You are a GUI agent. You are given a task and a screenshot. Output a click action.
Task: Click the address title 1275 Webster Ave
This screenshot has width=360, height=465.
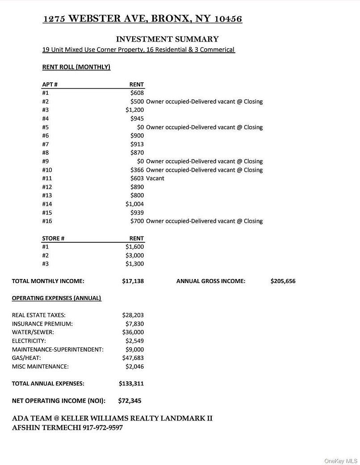(142, 19)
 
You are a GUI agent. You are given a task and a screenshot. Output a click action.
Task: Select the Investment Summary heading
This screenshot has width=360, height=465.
(167, 39)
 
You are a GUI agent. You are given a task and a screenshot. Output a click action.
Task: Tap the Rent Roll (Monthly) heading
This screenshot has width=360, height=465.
(76, 67)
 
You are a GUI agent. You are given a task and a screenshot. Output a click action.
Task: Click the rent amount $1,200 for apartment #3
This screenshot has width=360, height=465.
(134, 110)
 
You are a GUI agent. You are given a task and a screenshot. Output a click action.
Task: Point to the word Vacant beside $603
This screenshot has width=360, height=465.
(155, 178)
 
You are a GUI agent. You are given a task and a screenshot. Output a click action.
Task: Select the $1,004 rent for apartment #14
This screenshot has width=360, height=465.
(134, 204)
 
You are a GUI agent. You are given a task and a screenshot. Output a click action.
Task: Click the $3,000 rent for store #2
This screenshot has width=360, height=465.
(134, 255)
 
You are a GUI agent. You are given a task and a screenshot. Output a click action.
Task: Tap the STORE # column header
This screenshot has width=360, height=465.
(53, 238)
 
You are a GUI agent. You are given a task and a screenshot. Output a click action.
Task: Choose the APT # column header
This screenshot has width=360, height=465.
(50, 85)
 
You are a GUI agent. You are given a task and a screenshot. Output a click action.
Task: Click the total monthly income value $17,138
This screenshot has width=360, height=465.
(133, 281)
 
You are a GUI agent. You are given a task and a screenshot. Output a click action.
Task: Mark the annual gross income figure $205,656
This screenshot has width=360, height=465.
(283, 281)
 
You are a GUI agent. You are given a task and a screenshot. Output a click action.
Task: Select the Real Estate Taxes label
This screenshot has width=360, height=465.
(38, 315)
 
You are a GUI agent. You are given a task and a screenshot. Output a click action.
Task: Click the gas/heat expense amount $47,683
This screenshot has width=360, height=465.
(133, 358)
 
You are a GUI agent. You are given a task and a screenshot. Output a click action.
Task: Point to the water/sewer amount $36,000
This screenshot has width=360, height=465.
(133, 332)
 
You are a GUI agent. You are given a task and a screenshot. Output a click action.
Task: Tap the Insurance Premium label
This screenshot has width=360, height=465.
(42, 324)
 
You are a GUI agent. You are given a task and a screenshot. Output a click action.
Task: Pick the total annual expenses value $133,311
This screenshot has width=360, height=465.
(131, 383)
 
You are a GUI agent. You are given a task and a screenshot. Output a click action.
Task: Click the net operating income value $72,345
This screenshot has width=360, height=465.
(130, 401)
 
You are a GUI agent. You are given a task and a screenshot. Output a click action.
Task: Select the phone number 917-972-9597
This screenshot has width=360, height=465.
(103, 428)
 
